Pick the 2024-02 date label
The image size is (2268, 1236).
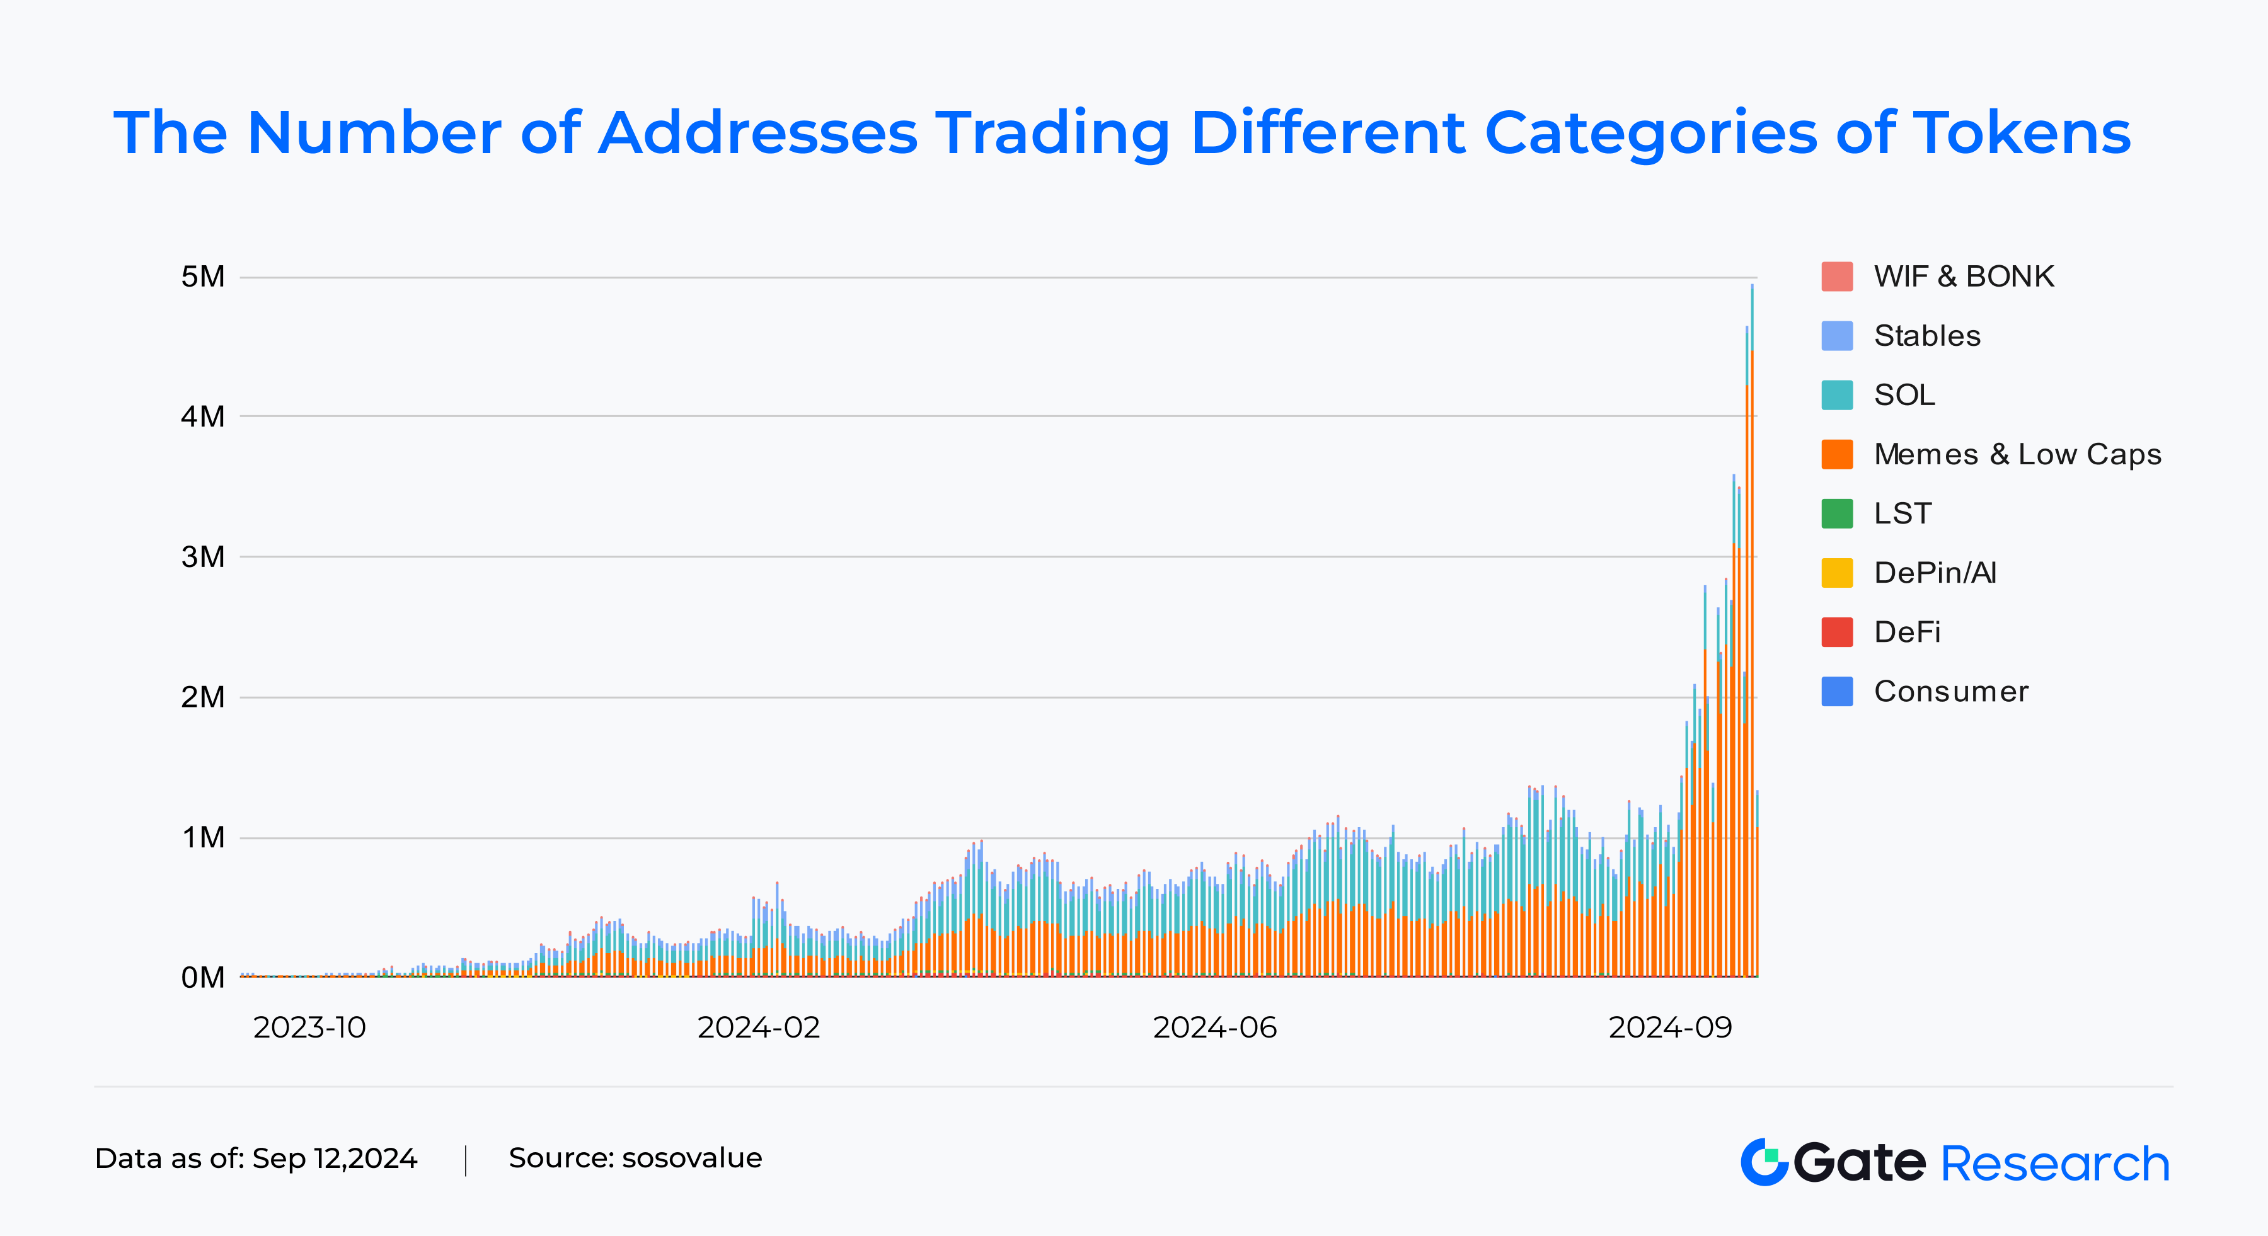(758, 1027)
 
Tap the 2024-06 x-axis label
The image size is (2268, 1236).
(1214, 1027)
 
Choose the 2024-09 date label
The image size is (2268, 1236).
(1669, 1027)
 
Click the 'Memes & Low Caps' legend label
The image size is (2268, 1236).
(2017, 454)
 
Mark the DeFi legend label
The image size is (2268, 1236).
(1907, 632)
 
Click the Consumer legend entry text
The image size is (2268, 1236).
(1951, 692)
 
